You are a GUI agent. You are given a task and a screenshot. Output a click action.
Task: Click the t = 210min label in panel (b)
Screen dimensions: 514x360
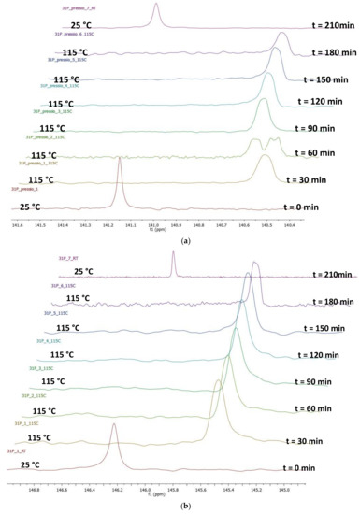322,275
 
